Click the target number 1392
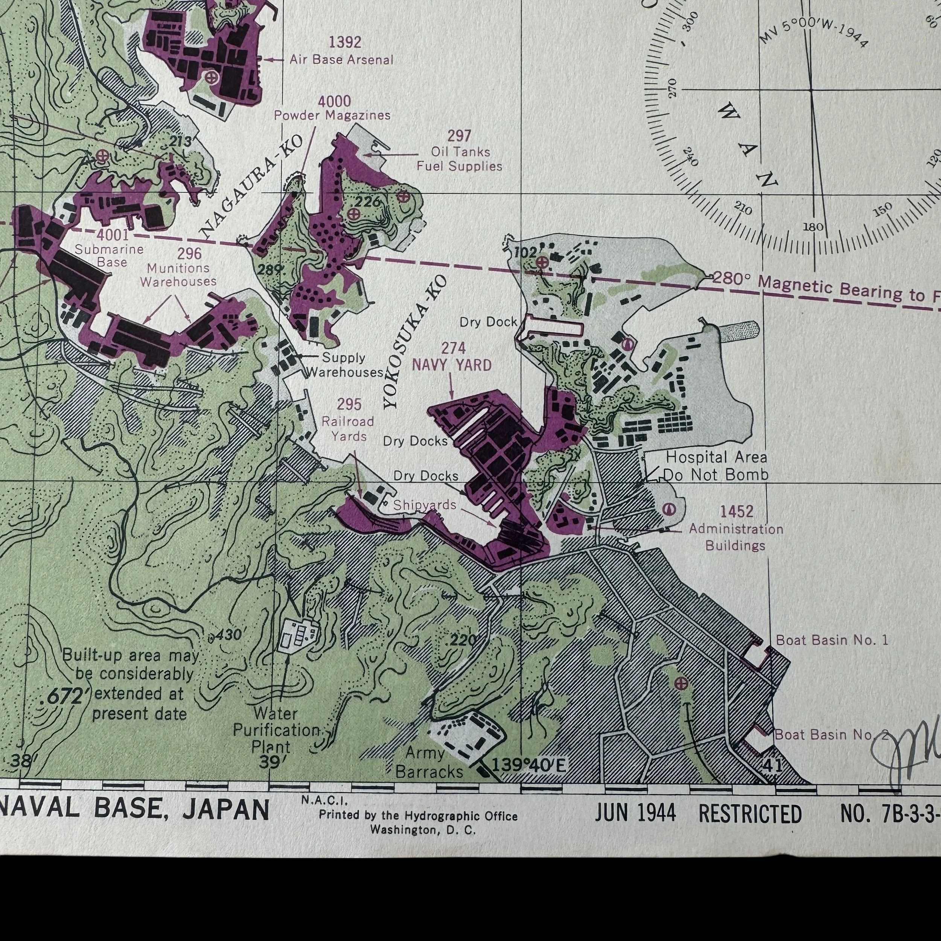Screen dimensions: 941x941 tap(345, 43)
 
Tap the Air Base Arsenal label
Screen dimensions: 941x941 tap(341, 60)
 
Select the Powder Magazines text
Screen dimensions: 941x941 tap(332, 116)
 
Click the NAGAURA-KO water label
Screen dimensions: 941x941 tap(251, 187)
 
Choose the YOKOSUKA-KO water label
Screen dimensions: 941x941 tap(415, 342)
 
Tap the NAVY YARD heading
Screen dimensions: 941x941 tap(452, 365)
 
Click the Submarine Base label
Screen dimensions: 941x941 tap(109, 256)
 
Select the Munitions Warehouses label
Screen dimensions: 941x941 tap(178, 275)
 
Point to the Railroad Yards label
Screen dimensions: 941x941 tap(348, 429)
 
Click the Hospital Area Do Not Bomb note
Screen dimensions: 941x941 tap(716, 466)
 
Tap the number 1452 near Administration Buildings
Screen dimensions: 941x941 tap(737, 512)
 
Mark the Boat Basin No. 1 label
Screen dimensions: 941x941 tap(832, 640)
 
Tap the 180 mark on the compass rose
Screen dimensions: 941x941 tap(812, 227)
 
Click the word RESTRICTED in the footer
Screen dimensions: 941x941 tap(750, 814)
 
